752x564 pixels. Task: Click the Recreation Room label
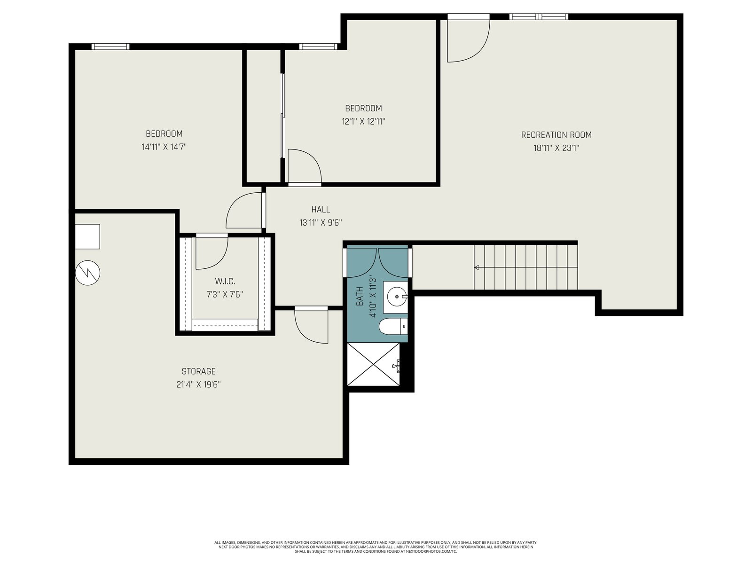point(556,135)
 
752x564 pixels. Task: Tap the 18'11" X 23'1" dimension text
point(556,148)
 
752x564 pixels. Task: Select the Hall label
point(321,210)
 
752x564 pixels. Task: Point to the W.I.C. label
point(225,282)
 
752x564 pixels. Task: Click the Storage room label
point(198,371)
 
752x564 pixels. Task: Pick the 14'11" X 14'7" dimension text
point(164,147)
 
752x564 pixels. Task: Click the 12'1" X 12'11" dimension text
point(363,122)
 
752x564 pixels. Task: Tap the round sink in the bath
point(398,297)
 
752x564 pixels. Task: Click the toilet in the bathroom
point(393,326)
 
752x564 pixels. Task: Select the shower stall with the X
point(374,364)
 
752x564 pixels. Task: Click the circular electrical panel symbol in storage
point(88,273)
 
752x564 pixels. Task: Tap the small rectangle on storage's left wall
point(87,236)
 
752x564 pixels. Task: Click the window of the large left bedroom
point(110,47)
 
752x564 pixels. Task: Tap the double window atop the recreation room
point(539,16)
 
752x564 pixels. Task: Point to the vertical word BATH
point(360,297)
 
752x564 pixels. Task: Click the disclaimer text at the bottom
point(376,547)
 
